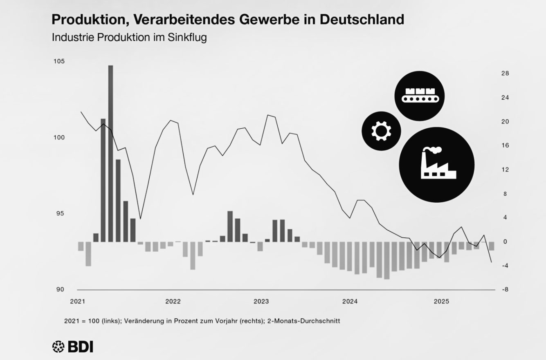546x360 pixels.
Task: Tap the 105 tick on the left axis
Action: [59, 61]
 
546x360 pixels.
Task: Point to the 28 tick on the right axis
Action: [505, 73]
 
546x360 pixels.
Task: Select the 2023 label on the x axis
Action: [261, 302]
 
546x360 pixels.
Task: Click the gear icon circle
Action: [381, 130]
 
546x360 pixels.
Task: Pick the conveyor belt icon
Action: [419, 95]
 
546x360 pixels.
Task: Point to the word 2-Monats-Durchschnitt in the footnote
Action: [303, 321]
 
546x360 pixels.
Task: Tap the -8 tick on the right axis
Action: [504, 289]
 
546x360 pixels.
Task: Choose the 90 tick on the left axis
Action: [60, 289]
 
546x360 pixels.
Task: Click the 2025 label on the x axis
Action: [442, 302]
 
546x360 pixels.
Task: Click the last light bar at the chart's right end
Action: [492, 246]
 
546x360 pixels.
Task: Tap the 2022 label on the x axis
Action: [173, 302]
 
